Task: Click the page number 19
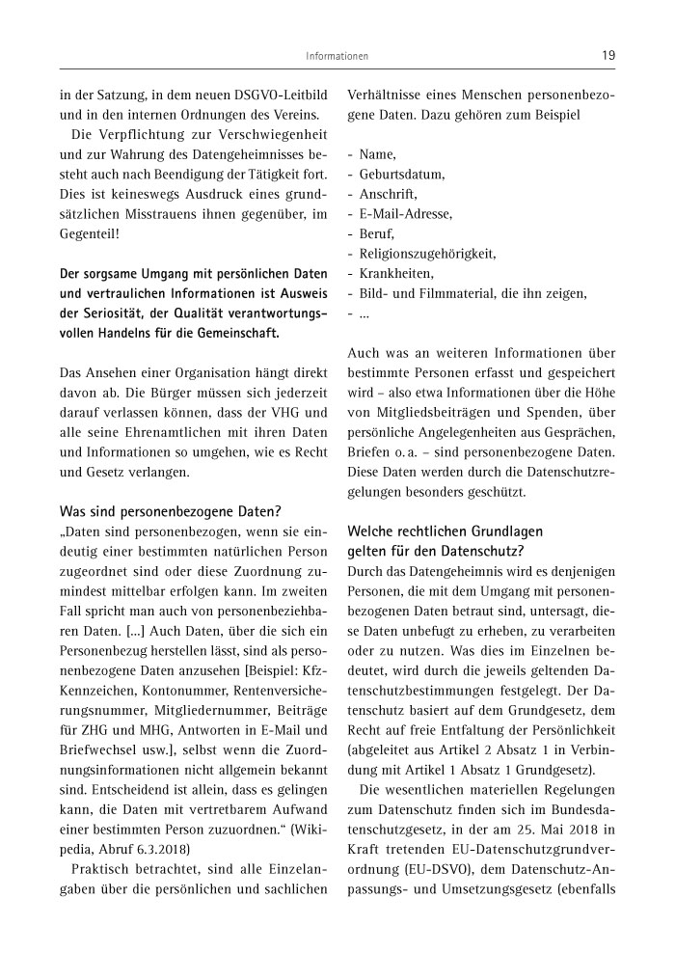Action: [608, 56]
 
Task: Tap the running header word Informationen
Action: [337, 57]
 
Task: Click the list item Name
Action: [378, 154]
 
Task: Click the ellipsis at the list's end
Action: [364, 313]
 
